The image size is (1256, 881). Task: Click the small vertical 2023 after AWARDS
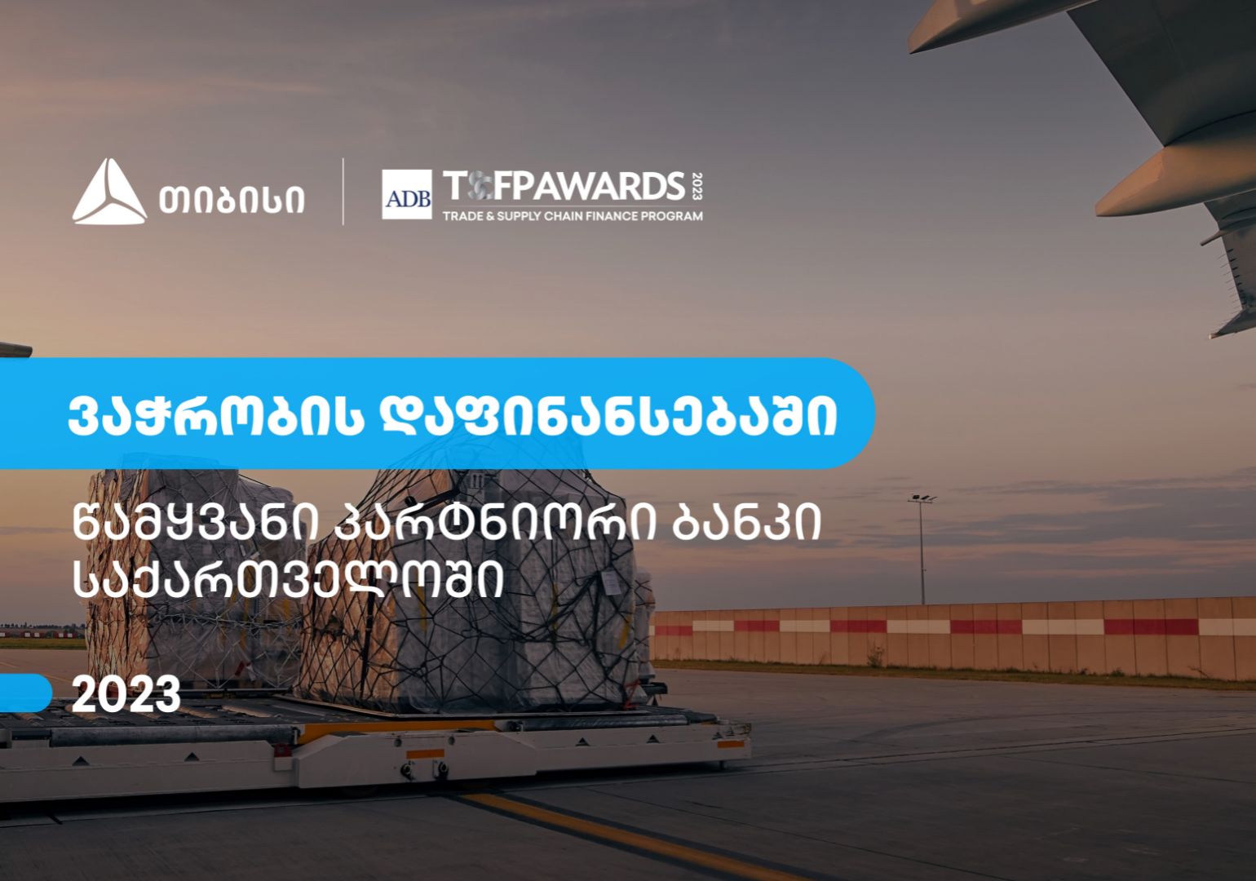(x=696, y=186)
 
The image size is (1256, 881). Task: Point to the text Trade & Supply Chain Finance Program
(x=572, y=217)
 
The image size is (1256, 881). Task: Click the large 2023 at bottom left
(x=126, y=695)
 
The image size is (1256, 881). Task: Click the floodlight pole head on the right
(x=922, y=496)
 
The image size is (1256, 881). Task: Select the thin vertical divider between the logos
(x=343, y=192)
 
